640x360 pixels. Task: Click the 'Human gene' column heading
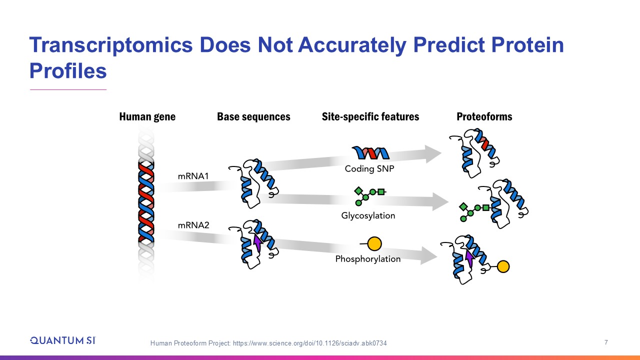tap(147, 117)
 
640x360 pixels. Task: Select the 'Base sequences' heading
tap(253, 117)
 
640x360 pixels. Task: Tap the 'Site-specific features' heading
tap(370, 117)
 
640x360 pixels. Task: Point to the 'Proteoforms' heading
tap(484, 117)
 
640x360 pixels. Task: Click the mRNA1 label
tap(193, 176)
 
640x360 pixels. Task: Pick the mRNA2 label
tap(193, 225)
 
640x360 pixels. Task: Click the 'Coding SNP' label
tap(369, 169)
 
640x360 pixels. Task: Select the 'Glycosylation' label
tap(368, 215)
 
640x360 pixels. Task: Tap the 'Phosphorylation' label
tap(367, 259)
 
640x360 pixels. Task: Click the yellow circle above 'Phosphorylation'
tap(374, 243)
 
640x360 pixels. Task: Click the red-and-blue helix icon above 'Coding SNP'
tap(370, 152)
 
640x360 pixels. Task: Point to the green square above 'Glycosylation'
tap(381, 191)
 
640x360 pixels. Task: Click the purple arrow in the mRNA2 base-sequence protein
tap(258, 242)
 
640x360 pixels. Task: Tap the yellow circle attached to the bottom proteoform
tap(503, 266)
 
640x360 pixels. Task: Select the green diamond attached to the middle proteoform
tap(463, 206)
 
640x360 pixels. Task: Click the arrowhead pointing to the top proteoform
tap(433, 153)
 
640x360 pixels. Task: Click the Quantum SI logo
tap(63, 340)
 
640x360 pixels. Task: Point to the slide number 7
tap(606, 342)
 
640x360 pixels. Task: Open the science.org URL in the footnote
tap(310, 343)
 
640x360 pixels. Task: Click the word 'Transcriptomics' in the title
tap(111, 45)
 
